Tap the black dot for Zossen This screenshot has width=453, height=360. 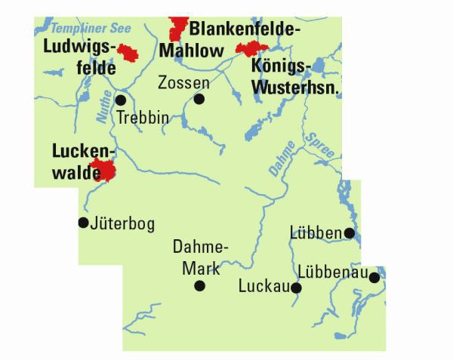click(x=199, y=99)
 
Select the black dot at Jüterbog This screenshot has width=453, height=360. click(x=83, y=222)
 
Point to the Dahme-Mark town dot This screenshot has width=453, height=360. click(x=199, y=285)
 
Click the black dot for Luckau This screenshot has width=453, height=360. click(x=297, y=288)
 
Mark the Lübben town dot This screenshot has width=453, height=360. click(x=349, y=233)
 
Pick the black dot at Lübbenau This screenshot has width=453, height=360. click(x=374, y=278)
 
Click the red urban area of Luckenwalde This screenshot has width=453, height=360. click(x=103, y=171)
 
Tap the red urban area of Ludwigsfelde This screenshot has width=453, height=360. click(x=129, y=54)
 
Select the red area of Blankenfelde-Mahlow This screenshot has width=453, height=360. click(x=178, y=29)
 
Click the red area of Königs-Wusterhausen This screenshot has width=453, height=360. click(x=250, y=49)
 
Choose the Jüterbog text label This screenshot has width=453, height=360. click(x=122, y=223)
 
